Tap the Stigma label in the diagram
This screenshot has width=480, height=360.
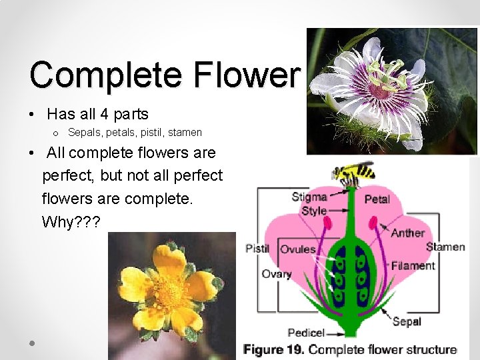point(309,197)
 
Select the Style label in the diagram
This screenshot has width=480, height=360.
point(314,211)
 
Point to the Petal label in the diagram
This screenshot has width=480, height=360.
point(377,199)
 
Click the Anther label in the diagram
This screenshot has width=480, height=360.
point(408,233)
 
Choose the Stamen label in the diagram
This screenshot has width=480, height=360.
point(445,247)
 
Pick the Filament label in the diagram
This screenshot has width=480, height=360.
point(413,265)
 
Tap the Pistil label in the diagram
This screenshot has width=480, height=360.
point(257,249)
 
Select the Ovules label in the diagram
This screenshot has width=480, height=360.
point(298,249)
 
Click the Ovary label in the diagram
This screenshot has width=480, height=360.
point(276,274)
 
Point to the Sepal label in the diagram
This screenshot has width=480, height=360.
point(407,321)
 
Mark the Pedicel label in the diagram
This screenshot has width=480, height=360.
point(306,333)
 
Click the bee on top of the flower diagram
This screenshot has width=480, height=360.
point(353,173)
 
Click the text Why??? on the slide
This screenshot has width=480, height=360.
point(71,222)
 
